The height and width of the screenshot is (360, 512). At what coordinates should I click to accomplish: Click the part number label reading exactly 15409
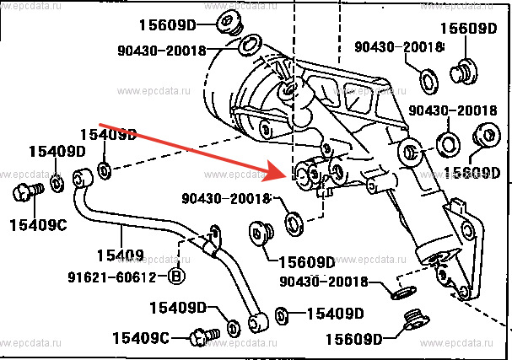coord(121,254)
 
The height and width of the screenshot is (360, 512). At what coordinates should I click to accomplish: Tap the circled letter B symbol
coord(176,276)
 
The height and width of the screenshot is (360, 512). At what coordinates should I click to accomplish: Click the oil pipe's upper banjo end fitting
coord(83,179)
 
